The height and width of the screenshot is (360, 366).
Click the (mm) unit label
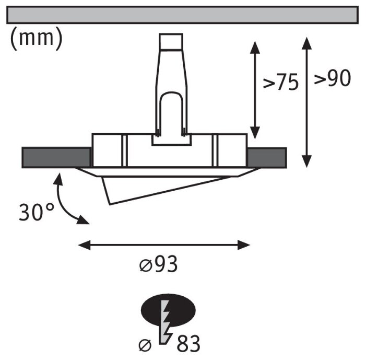pos(36,39)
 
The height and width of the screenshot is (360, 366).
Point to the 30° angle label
pos(37,212)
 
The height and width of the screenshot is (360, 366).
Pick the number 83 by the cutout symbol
pos(188,345)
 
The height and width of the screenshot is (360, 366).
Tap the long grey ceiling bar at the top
pos(183,15)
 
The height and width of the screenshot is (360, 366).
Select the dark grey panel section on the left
pos(56,157)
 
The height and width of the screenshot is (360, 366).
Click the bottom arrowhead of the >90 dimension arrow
pos(307,161)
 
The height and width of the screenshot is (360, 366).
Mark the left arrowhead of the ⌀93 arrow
pos(82,244)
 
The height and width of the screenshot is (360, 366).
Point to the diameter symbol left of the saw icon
pos(146,345)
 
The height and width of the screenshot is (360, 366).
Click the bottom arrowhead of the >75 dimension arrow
pos(255,135)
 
